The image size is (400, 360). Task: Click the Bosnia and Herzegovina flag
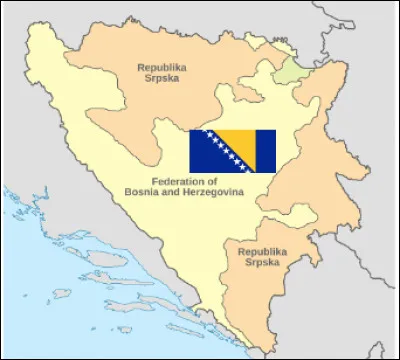[233, 149]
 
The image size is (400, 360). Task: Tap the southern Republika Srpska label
[262, 258]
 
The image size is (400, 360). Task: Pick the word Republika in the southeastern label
[262, 251]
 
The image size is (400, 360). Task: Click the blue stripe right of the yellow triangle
[268, 149]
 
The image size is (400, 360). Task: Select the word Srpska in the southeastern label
[262, 264]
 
